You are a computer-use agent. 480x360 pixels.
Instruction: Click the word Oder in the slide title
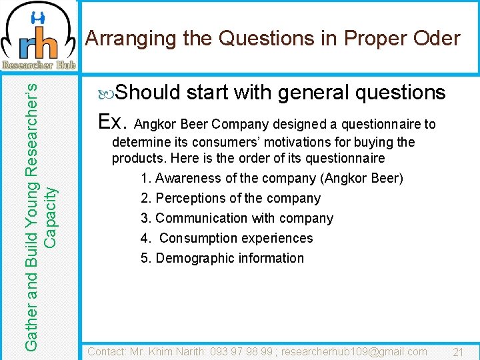[x=435, y=38]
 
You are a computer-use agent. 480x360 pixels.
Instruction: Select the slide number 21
[x=458, y=351]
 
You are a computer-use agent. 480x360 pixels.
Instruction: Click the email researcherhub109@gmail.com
[x=354, y=351]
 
